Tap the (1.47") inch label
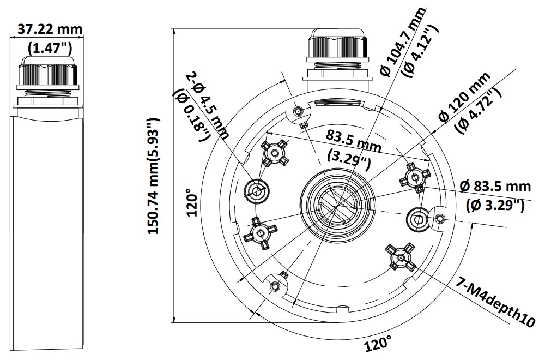pyautogui.click(x=49, y=47)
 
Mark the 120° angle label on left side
pyautogui.click(x=191, y=203)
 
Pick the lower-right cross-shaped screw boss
pyautogui.click(x=401, y=257)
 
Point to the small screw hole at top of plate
pyautogui.click(x=298, y=112)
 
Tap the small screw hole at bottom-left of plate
pyautogui.click(x=276, y=286)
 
